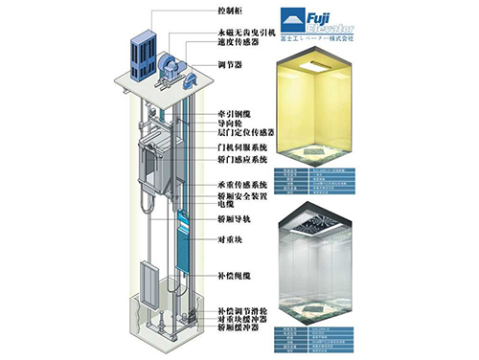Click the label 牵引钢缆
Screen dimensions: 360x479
[x=233, y=114]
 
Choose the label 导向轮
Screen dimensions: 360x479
[x=229, y=124]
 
